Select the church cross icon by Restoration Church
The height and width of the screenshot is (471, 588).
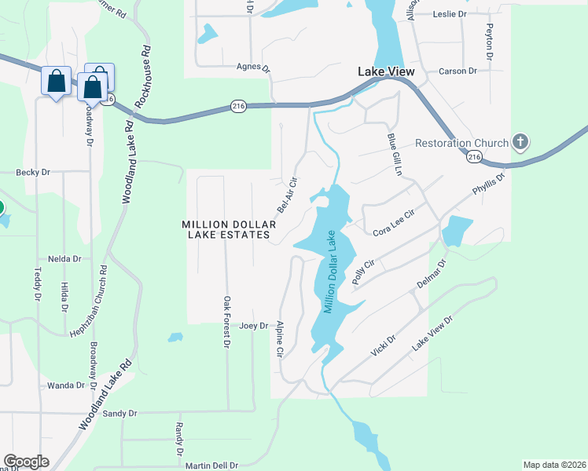point(519,143)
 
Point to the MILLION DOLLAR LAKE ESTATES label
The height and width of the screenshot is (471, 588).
point(226,229)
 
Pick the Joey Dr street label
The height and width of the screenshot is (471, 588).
point(254,326)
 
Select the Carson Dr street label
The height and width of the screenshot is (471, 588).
point(458,71)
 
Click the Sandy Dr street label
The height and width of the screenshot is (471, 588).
point(120,413)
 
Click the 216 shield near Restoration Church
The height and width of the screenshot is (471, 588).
point(473,158)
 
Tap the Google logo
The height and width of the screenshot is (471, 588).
point(26,462)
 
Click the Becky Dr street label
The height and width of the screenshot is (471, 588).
point(33,172)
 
